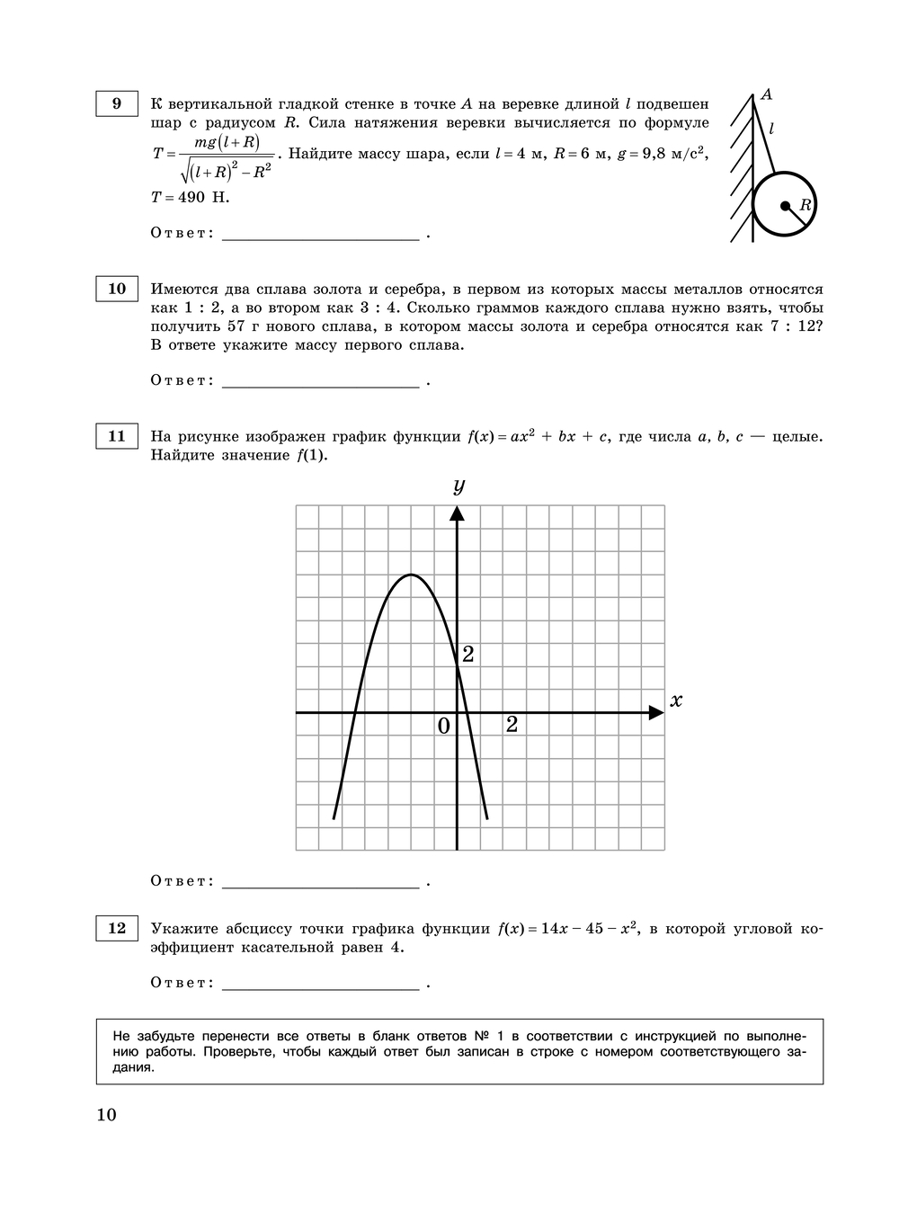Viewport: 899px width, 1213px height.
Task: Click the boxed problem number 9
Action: (x=117, y=103)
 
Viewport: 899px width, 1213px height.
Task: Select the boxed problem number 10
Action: (x=117, y=289)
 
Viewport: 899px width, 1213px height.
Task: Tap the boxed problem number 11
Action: (x=117, y=436)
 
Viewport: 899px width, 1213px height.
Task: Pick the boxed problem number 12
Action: (x=117, y=928)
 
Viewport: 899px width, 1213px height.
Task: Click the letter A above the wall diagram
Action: (x=767, y=94)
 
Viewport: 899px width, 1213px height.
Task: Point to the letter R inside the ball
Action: (x=805, y=205)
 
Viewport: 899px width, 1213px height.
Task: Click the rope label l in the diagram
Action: (x=771, y=129)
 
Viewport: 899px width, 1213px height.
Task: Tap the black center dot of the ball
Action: (x=785, y=206)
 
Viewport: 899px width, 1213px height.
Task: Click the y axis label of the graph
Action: (x=458, y=486)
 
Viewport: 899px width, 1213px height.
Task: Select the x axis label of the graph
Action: (x=676, y=700)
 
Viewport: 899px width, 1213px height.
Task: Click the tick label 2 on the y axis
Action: (x=467, y=655)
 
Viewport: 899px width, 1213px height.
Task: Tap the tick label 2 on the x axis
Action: (x=512, y=725)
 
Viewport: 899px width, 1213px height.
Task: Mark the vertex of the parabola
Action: (x=412, y=575)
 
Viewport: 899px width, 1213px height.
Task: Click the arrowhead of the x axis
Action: (x=657, y=713)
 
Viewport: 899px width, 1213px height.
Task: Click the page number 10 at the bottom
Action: (x=106, y=1115)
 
